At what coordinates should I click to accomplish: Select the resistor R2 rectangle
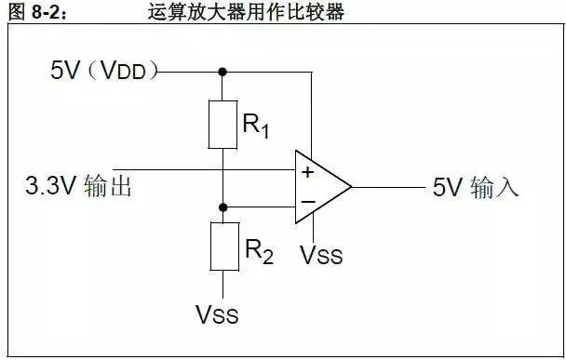pyautogui.click(x=222, y=246)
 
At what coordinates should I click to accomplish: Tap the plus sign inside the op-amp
pyautogui.click(x=307, y=171)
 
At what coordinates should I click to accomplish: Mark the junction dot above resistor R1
pyautogui.click(x=222, y=70)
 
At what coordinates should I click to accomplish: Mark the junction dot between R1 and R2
pyautogui.click(x=222, y=207)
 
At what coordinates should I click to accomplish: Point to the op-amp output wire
pyautogui.click(x=386, y=186)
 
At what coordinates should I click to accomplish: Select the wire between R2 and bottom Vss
pyautogui.click(x=222, y=283)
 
